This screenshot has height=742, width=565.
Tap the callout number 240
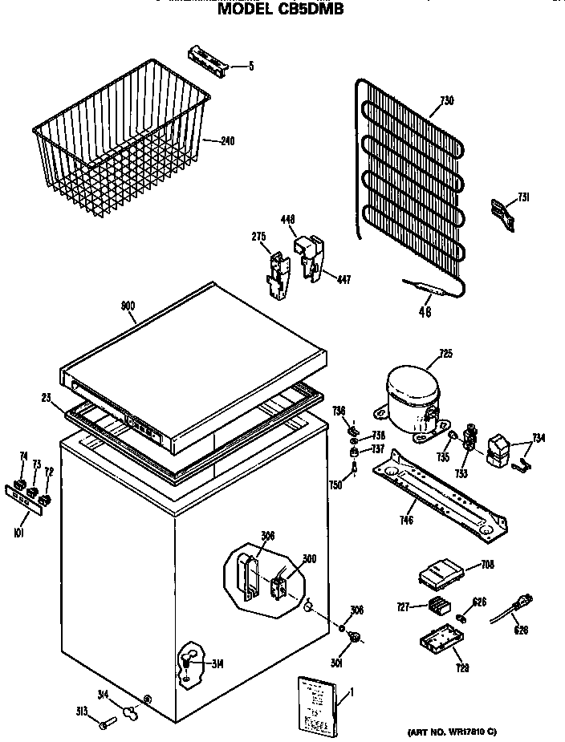click(227, 142)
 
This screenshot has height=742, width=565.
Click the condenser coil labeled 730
click(409, 184)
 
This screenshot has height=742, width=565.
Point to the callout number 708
click(487, 565)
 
